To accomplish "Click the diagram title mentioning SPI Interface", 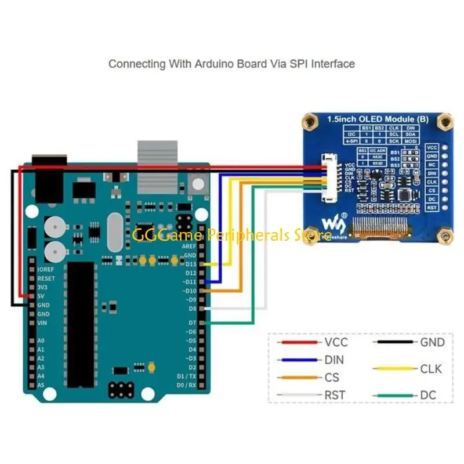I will [231, 63].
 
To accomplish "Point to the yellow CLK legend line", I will [394, 368].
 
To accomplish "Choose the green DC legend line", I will [394, 396].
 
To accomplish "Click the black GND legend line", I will [394, 342].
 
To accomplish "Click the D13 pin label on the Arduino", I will [190, 264].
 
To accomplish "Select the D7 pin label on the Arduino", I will [191, 322].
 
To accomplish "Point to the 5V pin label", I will [42, 296].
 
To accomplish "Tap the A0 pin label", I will [41, 341].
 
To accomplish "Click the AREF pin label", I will [188, 246].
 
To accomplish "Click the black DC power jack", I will [49, 174].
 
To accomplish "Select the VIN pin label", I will [42, 322].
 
